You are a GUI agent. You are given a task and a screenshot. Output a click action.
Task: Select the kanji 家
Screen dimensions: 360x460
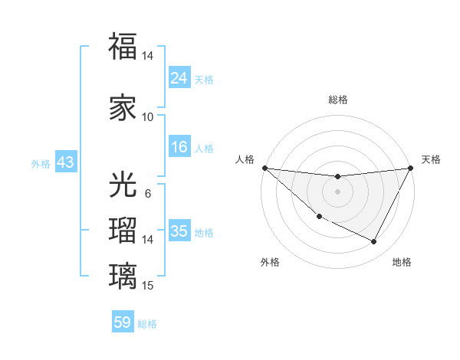(x=123, y=108)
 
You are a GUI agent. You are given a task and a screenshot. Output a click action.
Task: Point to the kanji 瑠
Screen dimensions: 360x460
(x=123, y=231)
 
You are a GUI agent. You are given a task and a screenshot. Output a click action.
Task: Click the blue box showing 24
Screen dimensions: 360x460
(x=179, y=77)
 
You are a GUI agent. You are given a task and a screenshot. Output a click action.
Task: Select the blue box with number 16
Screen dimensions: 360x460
(x=179, y=147)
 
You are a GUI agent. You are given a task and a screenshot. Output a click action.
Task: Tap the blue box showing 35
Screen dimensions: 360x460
(x=179, y=231)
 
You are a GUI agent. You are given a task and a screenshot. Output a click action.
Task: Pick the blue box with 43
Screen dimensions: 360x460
(x=64, y=162)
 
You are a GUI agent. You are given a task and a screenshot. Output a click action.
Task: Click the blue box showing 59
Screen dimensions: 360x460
(x=123, y=322)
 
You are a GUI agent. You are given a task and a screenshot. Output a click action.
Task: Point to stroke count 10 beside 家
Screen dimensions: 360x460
(x=147, y=117)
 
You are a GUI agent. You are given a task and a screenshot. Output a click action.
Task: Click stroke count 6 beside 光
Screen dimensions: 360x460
(x=147, y=193)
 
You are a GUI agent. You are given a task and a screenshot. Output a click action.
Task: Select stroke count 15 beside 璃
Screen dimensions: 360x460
(x=148, y=285)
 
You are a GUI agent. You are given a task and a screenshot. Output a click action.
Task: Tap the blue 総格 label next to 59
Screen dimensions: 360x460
(x=147, y=324)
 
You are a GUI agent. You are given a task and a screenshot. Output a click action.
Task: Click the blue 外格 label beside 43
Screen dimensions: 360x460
(x=41, y=163)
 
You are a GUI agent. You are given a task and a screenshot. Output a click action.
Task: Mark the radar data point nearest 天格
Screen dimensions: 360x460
(x=412, y=168)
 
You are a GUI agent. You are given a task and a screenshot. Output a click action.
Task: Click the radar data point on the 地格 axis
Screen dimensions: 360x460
(x=374, y=242)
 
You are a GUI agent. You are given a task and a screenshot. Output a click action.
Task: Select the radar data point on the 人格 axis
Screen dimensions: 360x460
(x=264, y=168)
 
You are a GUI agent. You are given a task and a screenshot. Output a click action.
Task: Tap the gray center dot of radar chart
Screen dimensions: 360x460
(x=337, y=191)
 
